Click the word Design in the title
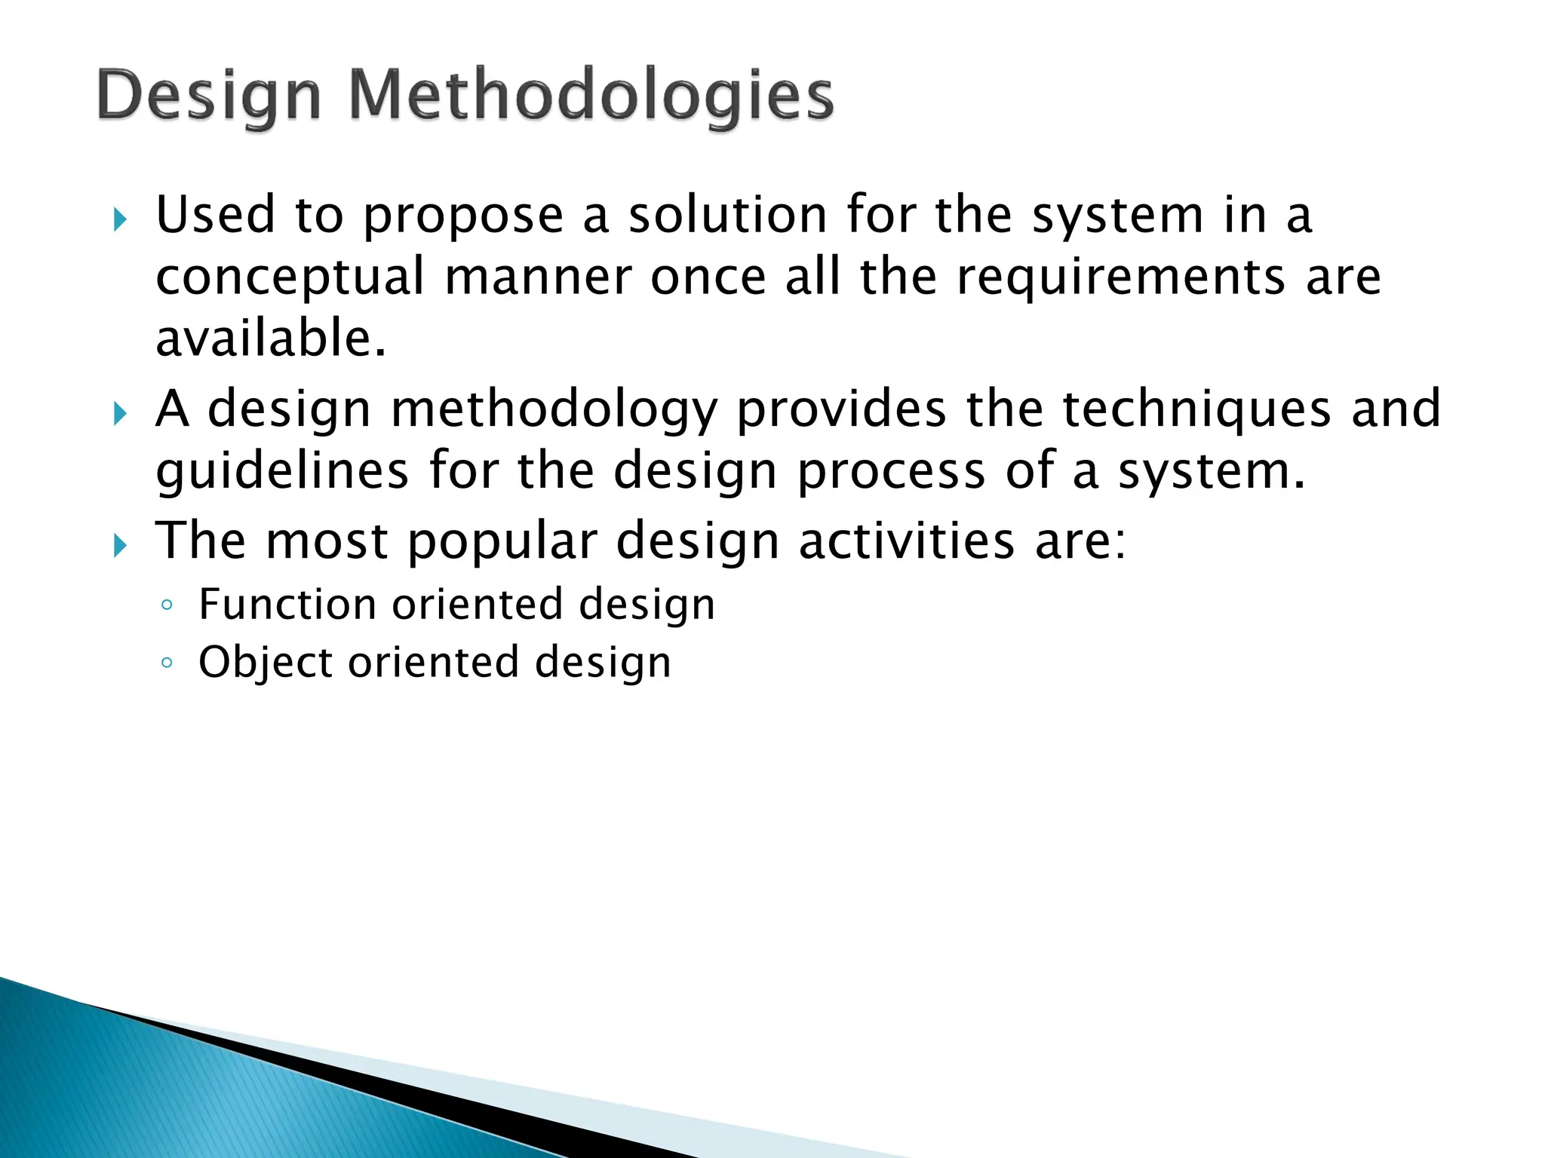[x=209, y=97]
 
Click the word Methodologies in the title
[x=591, y=97]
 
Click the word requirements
[x=1120, y=277]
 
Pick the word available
[x=270, y=339]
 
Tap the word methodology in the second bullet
[x=554, y=410]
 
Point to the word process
[x=891, y=473]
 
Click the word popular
[x=502, y=542]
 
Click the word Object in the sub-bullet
[x=265, y=663]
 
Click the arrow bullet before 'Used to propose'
[x=120, y=220]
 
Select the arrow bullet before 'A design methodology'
[x=120, y=413]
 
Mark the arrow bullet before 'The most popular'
[x=120, y=545]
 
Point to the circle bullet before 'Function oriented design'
[x=167, y=605]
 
